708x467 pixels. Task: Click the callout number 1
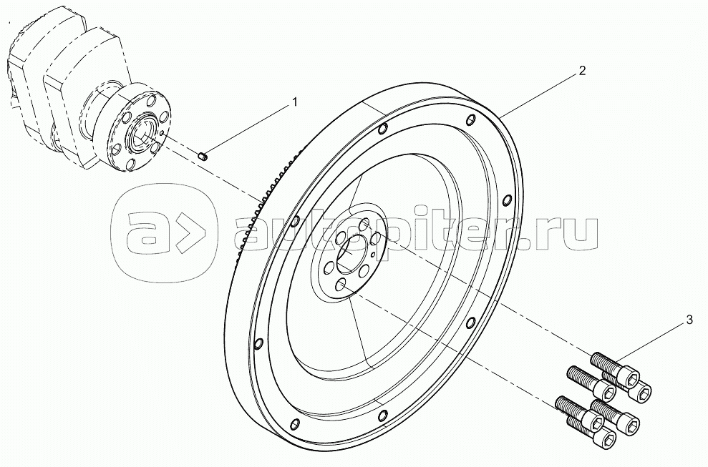tap(295, 102)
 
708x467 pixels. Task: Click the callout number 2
tap(583, 70)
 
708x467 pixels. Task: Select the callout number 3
tap(689, 320)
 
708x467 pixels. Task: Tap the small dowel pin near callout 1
tap(203, 156)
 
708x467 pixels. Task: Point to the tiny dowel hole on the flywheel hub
tap(372, 255)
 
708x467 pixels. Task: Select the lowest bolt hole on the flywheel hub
tap(341, 285)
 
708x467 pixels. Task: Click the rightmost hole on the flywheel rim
tap(507, 200)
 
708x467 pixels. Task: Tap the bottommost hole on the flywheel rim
tap(295, 423)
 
